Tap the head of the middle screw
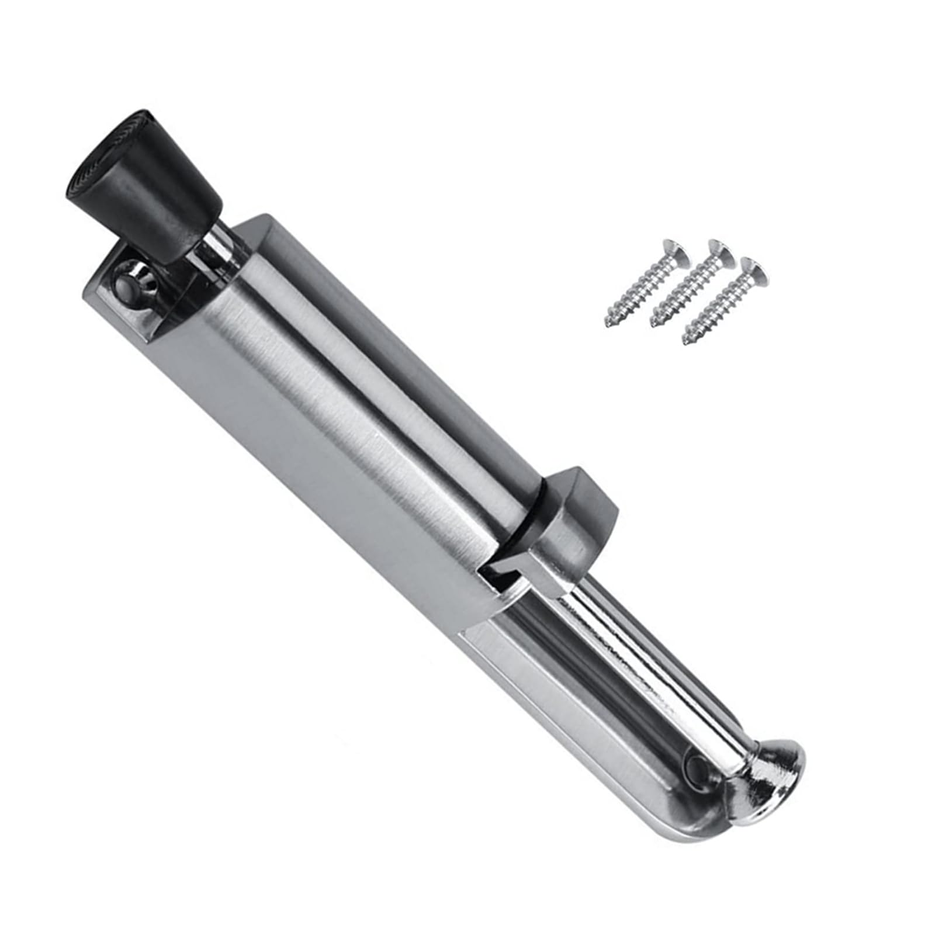click(x=719, y=252)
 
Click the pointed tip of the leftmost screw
click(x=608, y=324)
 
